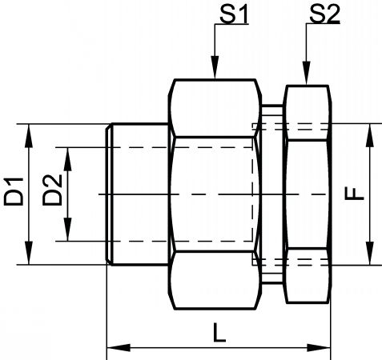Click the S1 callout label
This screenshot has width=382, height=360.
(x=234, y=14)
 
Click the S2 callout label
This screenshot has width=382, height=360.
(x=324, y=14)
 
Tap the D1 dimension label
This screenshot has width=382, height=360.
(x=14, y=191)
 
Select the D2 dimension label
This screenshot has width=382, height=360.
(x=52, y=190)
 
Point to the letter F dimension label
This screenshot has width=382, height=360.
(x=354, y=194)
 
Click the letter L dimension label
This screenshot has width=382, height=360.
(x=219, y=332)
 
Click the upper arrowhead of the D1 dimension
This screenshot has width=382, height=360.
(x=29, y=136)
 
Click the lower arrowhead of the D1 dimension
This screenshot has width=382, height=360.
(x=29, y=253)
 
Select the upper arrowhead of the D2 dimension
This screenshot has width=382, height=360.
(x=68, y=159)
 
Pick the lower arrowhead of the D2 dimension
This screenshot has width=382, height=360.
(x=68, y=230)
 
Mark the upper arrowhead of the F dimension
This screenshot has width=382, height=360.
(x=370, y=135)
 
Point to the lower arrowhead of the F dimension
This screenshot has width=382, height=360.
(x=370, y=254)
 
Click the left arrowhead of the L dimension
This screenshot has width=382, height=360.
(x=119, y=348)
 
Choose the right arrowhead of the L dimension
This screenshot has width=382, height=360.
(x=319, y=348)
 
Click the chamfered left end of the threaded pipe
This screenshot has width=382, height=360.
(x=109, y=194)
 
